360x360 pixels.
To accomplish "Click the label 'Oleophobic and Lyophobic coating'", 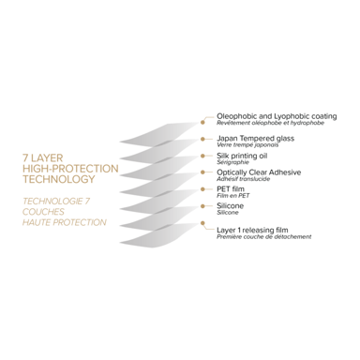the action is click(277, 116).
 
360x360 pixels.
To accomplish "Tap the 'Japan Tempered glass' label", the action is click(255, 138).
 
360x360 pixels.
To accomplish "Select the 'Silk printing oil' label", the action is click(242, 156).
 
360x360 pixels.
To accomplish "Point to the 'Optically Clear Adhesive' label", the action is click(259, 172).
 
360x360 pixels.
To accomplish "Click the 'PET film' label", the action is click(231, 188).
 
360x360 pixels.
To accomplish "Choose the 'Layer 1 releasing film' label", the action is click(252, 230).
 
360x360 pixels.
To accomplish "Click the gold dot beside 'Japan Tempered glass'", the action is click(202, 139).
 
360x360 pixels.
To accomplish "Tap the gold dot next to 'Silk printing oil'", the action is click(202, 156).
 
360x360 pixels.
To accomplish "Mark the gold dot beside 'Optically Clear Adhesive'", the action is click(202, 172).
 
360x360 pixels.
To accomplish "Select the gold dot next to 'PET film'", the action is click(202, 189).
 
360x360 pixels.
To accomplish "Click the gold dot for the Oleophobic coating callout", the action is click(202, 123).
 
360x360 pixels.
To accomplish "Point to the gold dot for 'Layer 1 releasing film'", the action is click(202, 223).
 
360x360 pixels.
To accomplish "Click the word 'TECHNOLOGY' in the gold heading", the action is click(59, 179).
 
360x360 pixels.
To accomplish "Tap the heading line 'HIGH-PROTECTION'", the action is click(70, 169).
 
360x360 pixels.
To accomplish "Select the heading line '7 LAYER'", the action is click(42, 157).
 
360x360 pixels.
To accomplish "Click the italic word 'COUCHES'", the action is click(43, 212).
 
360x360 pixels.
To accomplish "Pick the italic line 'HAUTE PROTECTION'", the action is click(65, 222).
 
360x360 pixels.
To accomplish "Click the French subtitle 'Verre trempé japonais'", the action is click(247, 145).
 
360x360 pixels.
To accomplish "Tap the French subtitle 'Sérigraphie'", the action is click(232, 162).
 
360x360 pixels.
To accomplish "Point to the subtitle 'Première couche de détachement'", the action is click(264, 237).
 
